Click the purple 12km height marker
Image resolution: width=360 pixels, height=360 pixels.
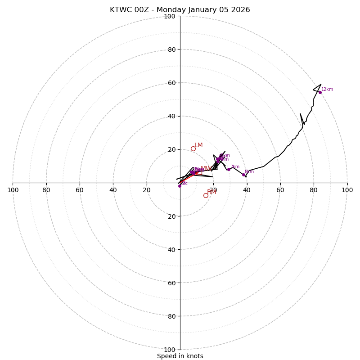point(320,92)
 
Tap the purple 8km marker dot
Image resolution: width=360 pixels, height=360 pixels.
point(243,175)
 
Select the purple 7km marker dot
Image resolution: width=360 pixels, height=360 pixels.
point(229,169)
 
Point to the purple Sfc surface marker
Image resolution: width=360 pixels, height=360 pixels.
point(180,185)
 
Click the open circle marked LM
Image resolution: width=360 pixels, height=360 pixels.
point(193,148)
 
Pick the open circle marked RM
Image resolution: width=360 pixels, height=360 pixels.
point(206,195)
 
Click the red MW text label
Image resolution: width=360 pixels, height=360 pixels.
point(206,169)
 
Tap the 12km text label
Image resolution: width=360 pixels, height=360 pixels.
point(327,90)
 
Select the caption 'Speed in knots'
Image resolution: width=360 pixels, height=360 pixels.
point(180,356)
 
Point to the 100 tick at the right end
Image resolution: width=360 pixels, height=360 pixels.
point(347,190)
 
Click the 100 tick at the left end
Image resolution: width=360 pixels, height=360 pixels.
point(13,190)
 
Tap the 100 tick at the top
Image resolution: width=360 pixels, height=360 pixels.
point(169,17)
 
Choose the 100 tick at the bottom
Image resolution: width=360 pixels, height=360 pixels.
point(169,350)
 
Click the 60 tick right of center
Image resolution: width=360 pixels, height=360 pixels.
point(280,190)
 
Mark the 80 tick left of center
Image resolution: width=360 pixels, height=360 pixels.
point(46,190)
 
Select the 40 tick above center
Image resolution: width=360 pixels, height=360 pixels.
point(171,116)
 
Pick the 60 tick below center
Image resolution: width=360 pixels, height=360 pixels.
point(171,283)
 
